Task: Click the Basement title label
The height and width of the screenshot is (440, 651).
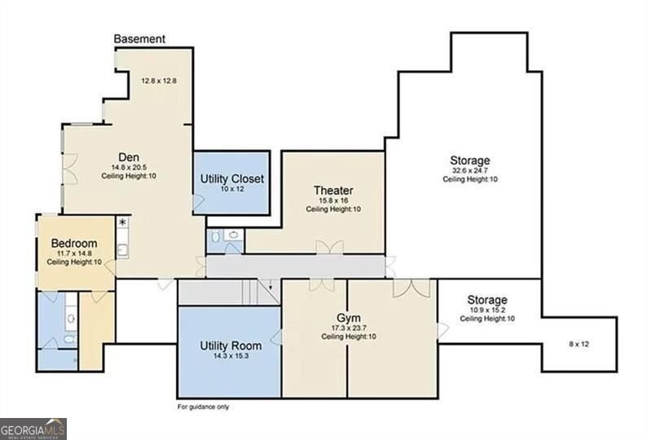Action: point(139,39)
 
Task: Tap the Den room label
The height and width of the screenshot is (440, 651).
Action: point(129,157)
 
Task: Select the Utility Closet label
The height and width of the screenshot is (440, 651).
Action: point(232,179)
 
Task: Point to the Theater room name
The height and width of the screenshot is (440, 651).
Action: point(333,191)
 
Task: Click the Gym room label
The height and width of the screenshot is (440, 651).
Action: point(349,319)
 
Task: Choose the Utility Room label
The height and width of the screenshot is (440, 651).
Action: point(231,345)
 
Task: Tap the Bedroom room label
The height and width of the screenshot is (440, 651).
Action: point(74,244)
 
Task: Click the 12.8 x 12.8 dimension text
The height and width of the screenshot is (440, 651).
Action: point(159,81)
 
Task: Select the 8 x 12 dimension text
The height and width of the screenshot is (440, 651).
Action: point(578,344)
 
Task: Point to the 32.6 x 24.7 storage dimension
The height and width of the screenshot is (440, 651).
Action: point(470,170)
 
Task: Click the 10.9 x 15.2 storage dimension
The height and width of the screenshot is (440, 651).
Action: point(487,310)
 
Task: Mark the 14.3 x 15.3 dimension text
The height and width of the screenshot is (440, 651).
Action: point(231,356)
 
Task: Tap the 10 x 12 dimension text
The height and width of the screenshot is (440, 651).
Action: point(232,189)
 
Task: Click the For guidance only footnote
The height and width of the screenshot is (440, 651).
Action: point(203,407)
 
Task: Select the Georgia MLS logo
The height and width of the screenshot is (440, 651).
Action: point(33,429)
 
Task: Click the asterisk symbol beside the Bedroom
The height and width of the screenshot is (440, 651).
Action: point(122,222)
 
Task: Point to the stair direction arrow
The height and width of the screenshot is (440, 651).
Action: point(271,284)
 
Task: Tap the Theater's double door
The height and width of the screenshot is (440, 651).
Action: point(330,247)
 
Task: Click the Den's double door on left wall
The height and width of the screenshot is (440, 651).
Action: point(70,169)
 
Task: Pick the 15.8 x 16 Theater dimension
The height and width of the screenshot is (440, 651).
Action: point(333,200)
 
